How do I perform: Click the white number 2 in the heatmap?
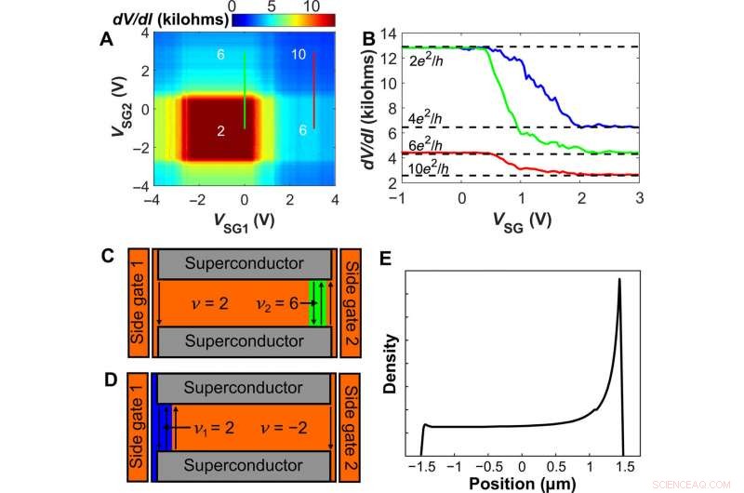pos(220,132)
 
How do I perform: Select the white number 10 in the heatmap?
pos(299,56)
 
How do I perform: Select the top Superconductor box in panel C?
pos(246,264)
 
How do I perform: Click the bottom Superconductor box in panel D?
pos(246,465)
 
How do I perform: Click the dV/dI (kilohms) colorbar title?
pos(153,17)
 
